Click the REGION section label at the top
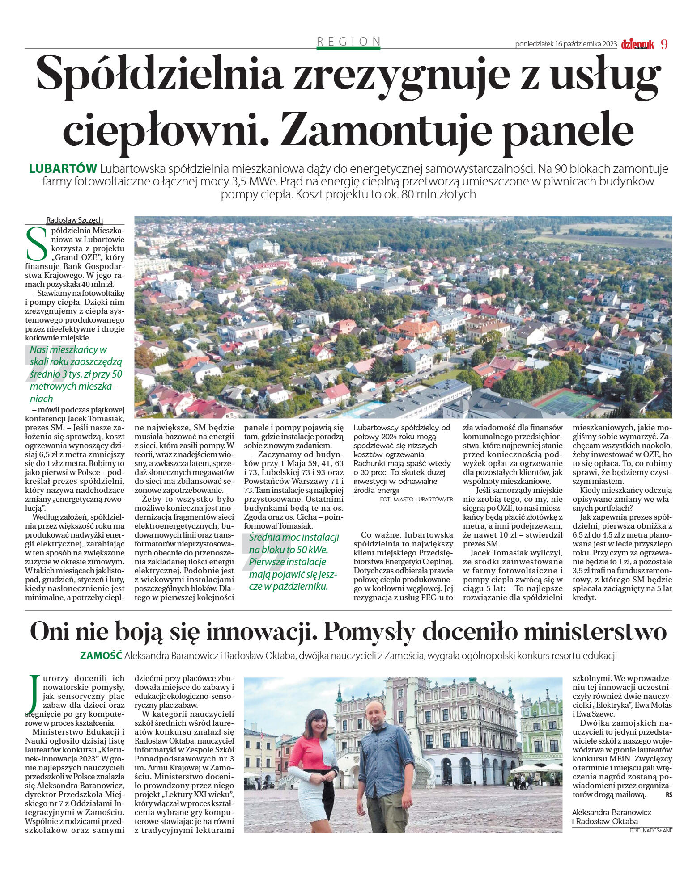[348, 42]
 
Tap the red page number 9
[664, 44]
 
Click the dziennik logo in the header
[637, 44]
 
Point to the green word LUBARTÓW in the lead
[63, 169]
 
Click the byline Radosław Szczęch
[75, 220]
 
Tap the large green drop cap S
[36, 244]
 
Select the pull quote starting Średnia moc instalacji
[293, 562]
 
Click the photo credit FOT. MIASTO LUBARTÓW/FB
[416, 499]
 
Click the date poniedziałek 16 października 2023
[566, 44]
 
